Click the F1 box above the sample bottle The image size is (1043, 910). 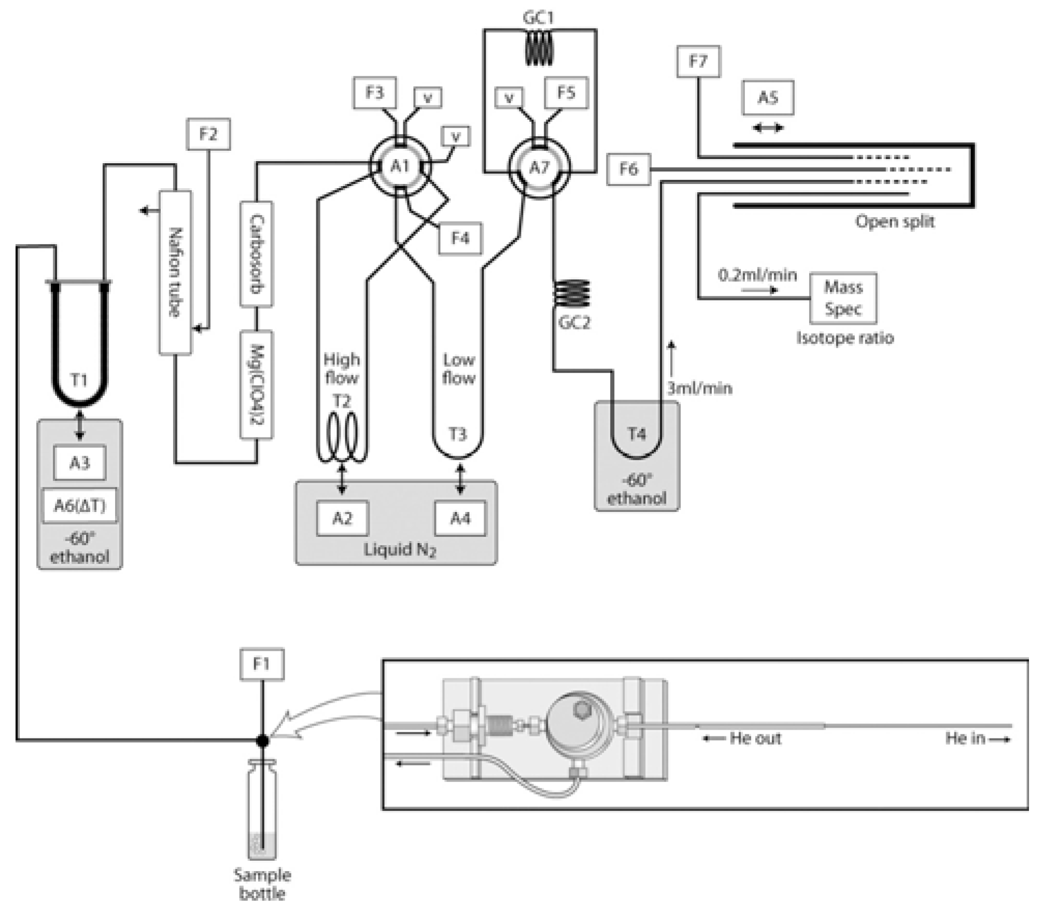pos(262,664)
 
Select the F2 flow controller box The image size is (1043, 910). pos(208,135)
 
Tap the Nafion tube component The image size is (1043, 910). pos(175,273)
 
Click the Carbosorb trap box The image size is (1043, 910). pos(257,254)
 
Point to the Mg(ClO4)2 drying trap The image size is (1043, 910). pos(257,385)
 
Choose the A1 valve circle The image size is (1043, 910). pos(400,166)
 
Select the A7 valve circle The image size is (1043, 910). pos(539,167)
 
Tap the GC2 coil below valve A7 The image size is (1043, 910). pos(572,293)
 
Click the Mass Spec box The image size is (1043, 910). pos(843,298)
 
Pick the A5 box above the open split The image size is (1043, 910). pos(768,97)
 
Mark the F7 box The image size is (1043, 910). pos(698,62)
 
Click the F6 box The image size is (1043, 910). pos(628,169)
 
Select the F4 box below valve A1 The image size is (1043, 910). pos(460,238)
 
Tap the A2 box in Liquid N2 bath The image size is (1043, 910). pos(343,518)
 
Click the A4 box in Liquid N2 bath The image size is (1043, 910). pos(460,518)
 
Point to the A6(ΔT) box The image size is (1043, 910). pos(79,505)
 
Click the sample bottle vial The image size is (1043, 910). pos(262,809)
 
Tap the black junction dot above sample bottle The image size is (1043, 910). pos(263,741)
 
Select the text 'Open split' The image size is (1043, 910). pos(895,222)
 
